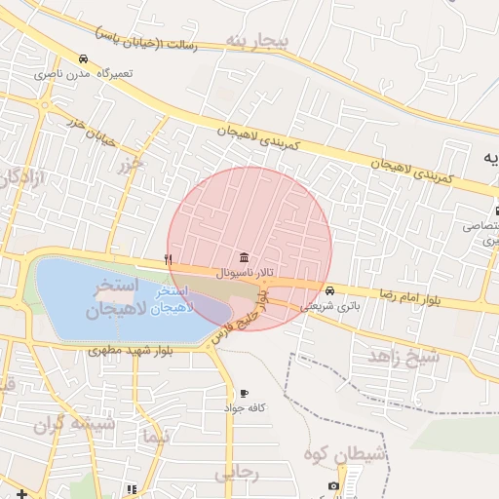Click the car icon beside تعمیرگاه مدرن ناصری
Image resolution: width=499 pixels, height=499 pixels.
tap(84, 59)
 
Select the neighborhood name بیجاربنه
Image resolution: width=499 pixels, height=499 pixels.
tap(257, 41)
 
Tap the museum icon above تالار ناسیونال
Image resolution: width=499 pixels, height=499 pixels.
tap(242, 258)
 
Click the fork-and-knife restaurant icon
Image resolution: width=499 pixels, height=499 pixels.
tap(169, 259)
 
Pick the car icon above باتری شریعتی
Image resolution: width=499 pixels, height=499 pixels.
tap(330, 290)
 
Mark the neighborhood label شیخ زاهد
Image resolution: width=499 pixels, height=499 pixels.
tap(404, 358)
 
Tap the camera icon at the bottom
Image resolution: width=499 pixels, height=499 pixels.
tap(334, 485)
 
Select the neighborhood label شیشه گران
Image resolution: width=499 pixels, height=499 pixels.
tap(74, 424)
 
